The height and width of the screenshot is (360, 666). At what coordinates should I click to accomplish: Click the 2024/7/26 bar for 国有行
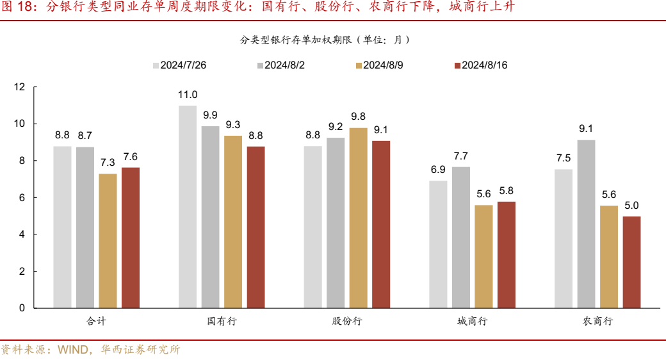[188, 207]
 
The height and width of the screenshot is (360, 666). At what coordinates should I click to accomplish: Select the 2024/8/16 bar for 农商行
[631, 262]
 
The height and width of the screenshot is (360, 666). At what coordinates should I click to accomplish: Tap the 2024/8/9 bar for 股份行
[359, 218]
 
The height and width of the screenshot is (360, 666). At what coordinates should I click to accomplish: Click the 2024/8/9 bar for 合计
[108, 241]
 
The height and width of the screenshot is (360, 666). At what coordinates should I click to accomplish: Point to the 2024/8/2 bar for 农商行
[586, 224]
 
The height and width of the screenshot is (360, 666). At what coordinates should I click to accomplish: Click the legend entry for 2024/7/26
[179, 65]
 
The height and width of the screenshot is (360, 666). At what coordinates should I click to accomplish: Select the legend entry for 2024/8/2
[280, 65]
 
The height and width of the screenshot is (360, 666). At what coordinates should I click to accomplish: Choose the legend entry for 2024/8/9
[378, 65]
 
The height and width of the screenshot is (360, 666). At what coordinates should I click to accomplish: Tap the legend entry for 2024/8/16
[480, 65]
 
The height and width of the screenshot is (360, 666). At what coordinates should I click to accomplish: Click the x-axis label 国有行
[222, 322]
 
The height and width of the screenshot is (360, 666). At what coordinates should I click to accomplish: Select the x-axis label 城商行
[472, 322]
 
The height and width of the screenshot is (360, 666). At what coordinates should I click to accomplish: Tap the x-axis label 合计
[96, 322]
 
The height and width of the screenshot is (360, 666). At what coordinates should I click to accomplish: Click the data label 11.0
[188, 95]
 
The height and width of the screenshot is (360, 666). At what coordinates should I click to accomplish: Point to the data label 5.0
[631, 206]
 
